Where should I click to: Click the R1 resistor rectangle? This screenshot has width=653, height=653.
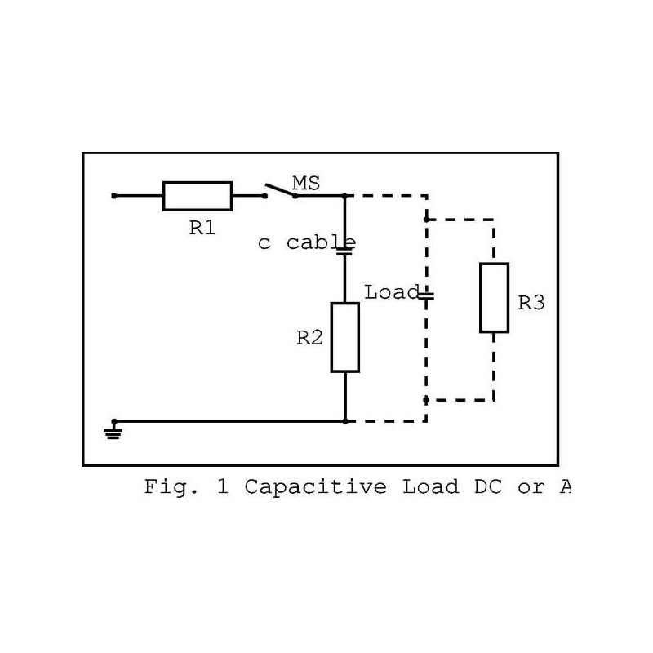coord(198,196)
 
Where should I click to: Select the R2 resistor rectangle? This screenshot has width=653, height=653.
coord(344,337)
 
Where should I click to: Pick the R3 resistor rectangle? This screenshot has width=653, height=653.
coord(494,297)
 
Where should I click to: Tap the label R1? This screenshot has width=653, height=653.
coord(202,229)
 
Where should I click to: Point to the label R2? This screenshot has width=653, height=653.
coord(309,338)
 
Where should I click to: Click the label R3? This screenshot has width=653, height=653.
coord(531,303)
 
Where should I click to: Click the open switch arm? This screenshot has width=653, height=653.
coord(280,189)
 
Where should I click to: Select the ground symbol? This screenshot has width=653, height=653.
coord(113,430)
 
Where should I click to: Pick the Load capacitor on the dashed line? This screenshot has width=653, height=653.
coord(426,295)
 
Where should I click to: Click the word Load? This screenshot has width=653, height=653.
coord(391,291)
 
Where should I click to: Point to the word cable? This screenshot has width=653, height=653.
coord(321,242)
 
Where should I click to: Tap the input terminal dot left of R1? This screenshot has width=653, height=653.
coord(113,196)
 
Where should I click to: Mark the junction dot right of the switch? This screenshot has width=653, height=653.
coord(344,196)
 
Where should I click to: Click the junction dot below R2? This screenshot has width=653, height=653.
coord(345,421)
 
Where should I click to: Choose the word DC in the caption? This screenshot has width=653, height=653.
coord(489,487)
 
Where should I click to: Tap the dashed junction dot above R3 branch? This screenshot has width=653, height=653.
coord(426,220)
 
